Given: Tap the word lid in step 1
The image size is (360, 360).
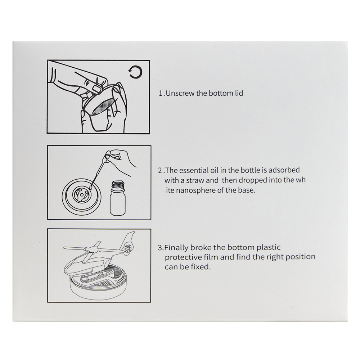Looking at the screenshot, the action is coord(239,93).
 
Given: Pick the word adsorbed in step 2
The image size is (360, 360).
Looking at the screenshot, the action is coord(284,170).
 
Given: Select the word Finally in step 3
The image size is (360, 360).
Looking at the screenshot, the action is coord(176,248).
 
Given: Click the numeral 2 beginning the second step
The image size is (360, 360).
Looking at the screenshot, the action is coord(160,170).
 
